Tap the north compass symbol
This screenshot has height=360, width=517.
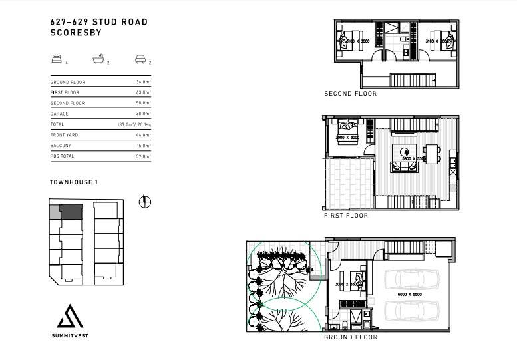tap(144, 202)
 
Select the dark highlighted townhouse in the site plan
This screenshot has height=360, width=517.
tap(70, 211)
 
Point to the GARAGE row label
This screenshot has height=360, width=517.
tap(59, 114)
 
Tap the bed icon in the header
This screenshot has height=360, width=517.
tap(55, 59)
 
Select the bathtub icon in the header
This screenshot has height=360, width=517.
tap(98, 59)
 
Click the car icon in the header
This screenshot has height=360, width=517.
tap(140, 59)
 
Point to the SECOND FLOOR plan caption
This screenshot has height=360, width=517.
tap(350, 94)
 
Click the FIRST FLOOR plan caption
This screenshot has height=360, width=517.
tap(345, 216)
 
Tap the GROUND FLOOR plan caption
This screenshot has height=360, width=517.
tap(350, 337)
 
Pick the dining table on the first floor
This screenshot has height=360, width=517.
tap(432, 154)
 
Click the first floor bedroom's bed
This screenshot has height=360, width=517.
tap(347, 128)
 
